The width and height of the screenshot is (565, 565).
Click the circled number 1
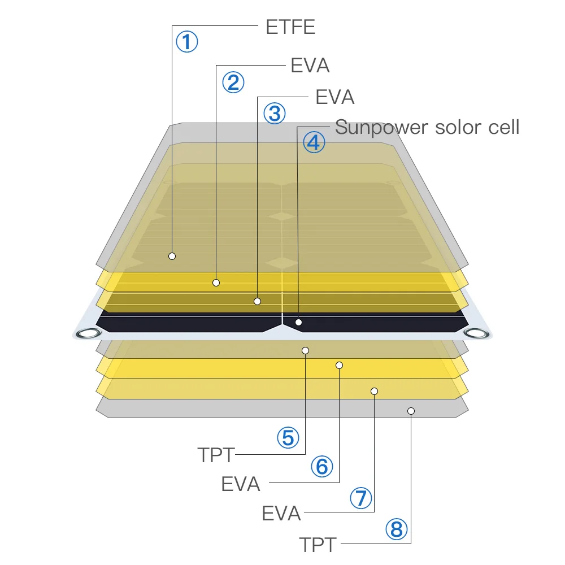point(187,42)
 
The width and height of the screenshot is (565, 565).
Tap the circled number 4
point(314,142)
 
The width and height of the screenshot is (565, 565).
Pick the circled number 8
point(396,529)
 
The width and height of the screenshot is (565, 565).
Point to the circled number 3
point(275,114)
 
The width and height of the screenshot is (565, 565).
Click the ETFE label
point(290,27)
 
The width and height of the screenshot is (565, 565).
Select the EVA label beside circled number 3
point(334,97)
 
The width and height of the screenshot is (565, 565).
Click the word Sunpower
point(382,128)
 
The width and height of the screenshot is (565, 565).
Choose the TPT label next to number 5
point(216,455)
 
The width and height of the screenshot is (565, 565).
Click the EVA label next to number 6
point(241,484)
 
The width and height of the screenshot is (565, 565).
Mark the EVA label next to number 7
point(281,514)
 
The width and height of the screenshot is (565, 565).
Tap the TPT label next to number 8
point(318,545)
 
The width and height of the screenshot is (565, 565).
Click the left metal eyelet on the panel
point(88,333)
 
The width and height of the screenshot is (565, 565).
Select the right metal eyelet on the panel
point(475,333)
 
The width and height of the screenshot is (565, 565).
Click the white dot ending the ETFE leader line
point(172,256)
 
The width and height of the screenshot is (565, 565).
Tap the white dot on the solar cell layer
point(299,323)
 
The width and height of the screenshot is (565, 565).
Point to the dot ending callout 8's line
point(411,411)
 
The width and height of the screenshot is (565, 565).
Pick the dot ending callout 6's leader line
point(339,365)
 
